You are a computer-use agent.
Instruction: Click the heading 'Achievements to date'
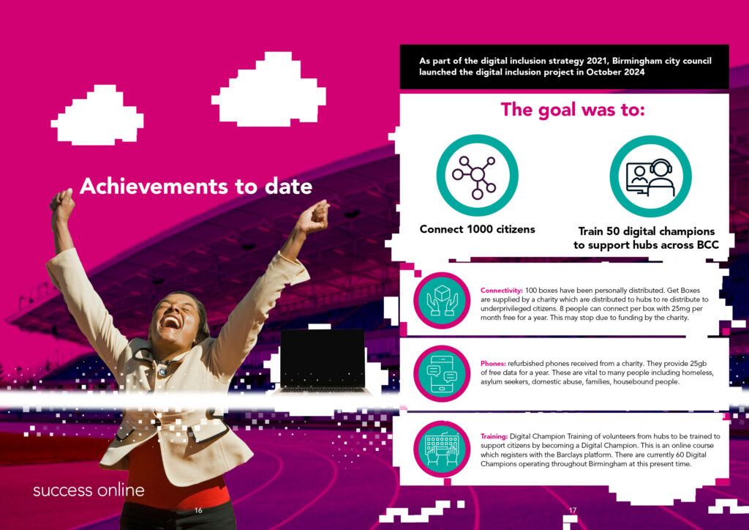(x=196, y=186)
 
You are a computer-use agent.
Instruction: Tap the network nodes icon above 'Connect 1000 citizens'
(x=477, y=175)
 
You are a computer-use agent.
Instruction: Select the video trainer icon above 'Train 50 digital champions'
(x=650, y=176)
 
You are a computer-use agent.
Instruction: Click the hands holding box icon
(x=442, y=301)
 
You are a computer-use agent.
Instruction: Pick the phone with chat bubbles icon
(x=442, y=373)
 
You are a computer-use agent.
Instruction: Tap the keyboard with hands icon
(x=442, y=449)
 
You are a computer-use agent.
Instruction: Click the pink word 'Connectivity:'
(x=502, y=291)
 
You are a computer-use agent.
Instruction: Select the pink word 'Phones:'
(x=493, y=364)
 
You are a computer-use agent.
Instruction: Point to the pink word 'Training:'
(x=494, y=436)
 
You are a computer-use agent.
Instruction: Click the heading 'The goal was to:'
(x=572, y=110)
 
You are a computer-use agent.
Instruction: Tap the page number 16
(x=198, y=510)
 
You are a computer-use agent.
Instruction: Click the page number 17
(x=572, y=510)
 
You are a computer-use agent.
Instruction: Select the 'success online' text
(x=89, y=490)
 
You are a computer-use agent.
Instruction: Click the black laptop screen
(x=323, y=358)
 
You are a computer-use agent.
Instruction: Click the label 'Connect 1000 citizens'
(x=477, y=229)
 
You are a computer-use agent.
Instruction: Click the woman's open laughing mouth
(x=170, y=321)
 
